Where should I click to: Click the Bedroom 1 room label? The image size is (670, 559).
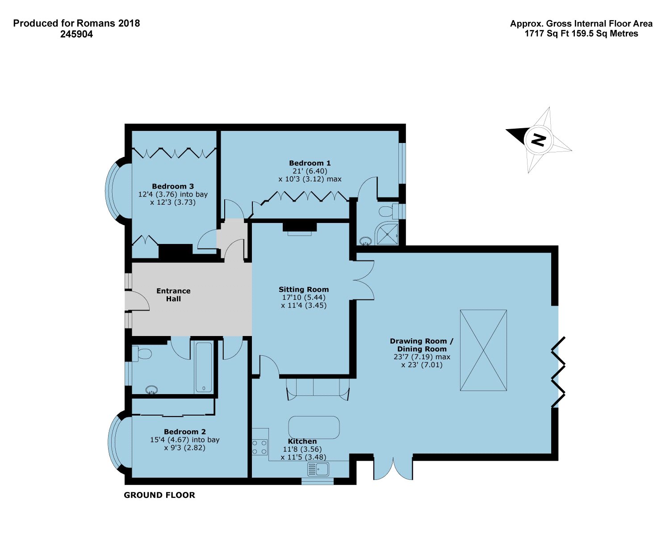click(310, 164)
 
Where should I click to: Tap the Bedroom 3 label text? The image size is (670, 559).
click(173, 186)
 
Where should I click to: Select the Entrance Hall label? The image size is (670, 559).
click(173, 295)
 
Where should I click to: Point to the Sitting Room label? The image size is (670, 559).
click(304, 290)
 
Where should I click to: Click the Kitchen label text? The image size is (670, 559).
click(302, 441)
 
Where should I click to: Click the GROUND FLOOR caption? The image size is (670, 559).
click(159, 495)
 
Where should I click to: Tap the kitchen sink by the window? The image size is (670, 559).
click(318, 469)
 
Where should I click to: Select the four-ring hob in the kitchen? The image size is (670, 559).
click(260, 447)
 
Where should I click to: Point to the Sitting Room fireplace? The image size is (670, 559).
click(299, 228)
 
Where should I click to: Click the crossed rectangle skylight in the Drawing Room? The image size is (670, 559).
click(483, 351)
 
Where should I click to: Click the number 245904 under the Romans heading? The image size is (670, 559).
click(76, 34)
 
